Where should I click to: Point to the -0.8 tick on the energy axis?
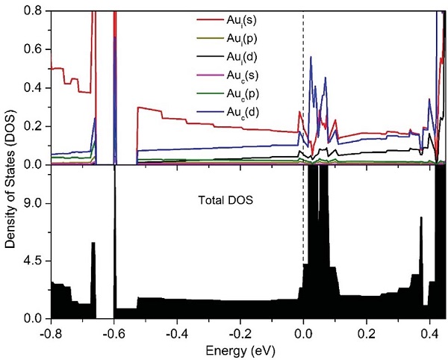50,332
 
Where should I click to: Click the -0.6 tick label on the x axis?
113,332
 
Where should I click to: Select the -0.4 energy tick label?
175,332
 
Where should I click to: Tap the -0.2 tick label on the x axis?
239,332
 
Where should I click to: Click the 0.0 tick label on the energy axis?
303,332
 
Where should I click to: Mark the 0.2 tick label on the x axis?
366,332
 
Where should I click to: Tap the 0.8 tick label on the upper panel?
32,10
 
